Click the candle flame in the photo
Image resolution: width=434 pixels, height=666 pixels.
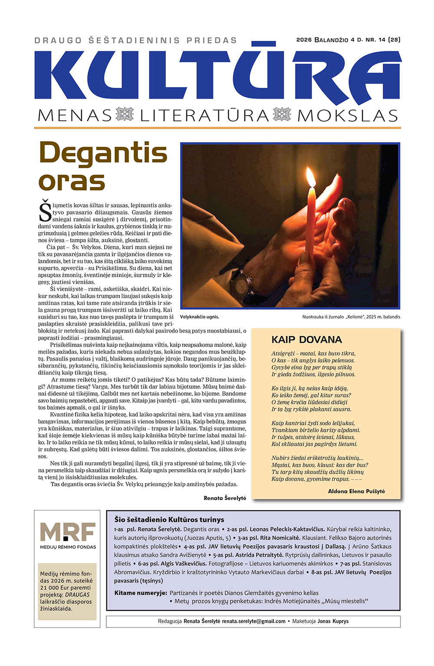[x=311, y=178]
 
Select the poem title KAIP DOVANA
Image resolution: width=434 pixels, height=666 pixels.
[x=306, y=340]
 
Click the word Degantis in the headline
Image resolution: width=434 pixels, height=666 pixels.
[x=103, y=153]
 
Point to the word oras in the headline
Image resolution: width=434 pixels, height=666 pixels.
[x=72, y=182]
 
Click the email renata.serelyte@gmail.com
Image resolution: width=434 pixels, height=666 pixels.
[x=253, y=621]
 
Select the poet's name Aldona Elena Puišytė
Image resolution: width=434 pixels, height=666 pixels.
[x=356, y=491]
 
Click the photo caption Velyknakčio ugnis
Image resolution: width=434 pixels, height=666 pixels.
[x=200, y=317]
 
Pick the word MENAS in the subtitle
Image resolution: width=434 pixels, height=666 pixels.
[x=75, y=116]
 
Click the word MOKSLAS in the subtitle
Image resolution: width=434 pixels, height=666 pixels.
[x=348, y=116]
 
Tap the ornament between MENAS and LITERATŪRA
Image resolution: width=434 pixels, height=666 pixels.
[x=125, y=115]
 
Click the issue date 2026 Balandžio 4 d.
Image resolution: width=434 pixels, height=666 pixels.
[x=329, y=40]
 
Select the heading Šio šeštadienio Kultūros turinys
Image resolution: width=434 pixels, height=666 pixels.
[x=169, y=520]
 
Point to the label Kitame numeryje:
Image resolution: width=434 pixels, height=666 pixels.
[x=141, y=593]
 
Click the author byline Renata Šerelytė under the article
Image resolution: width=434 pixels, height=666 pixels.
[x=225, y=498]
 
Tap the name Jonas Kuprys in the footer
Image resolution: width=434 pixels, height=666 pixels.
[x=333, y=621]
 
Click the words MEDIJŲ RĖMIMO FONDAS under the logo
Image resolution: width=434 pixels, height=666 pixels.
[x=68, y=547]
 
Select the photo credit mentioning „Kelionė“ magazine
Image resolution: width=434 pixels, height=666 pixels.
[x=351, y=317]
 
